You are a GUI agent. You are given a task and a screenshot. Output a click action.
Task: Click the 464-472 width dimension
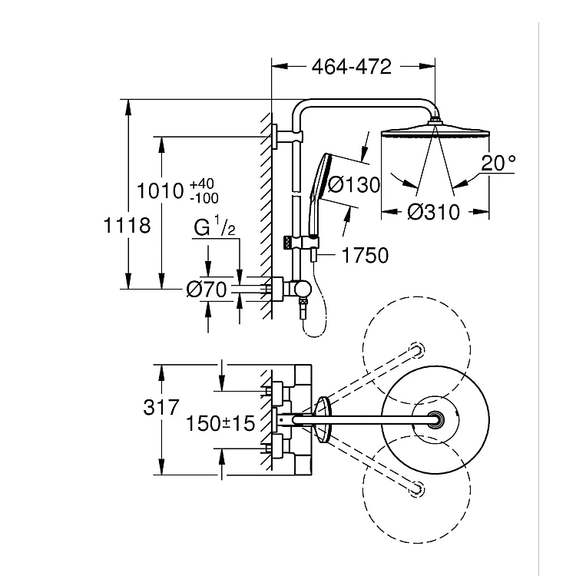tap(352, 67)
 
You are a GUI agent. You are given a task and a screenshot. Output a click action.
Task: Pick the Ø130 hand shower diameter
tap(354, 185)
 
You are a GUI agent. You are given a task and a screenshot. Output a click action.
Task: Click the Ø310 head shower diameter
tap(433, 212)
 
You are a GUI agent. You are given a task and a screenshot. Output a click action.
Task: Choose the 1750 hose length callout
tap(364, 254)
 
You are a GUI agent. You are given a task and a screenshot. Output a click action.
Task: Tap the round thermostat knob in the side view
tap(303, 288)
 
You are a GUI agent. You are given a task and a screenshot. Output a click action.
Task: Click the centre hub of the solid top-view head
tap(437, 419)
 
